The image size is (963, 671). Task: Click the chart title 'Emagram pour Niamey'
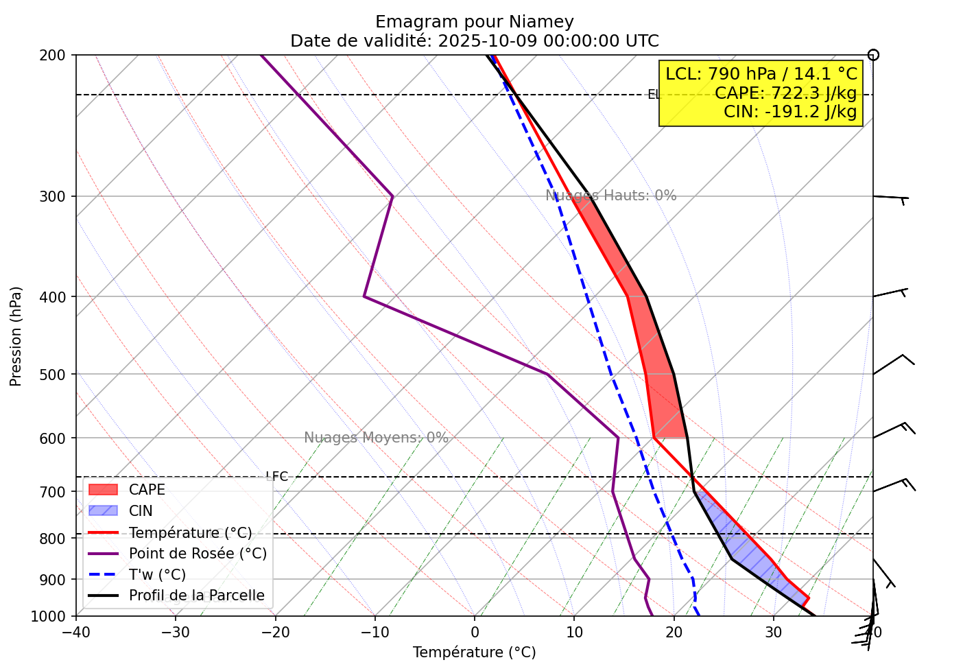pyautogui.click(x=474, y=22)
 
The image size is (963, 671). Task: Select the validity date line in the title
pyautogui.click(x=474, y=41)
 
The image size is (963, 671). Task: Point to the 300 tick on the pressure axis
pyautogui.click(x=56, y=197)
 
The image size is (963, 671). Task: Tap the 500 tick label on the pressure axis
pyautogui.click(x=56, y=375)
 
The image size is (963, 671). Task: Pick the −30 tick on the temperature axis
pyautogui.click(x=175, y=632)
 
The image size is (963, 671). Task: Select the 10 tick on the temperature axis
pyautogui.click(x=574, y=632)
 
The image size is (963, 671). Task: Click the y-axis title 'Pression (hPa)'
pyautogui.click(x=16, y=336)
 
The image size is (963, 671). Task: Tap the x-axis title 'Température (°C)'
pyautogui.click(x=474, y=652)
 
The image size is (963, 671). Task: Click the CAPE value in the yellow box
pyautogui.click(x=785, y=93)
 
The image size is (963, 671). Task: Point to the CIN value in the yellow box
pyautogui.click(x=790, y=111)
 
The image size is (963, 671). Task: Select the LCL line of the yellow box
pyautogui.click(x=761, y=74)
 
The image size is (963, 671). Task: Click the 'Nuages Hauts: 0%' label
pyautogui.click(x=610, y=196)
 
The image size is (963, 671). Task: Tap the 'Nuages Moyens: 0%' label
pyautogui.click(x=376, y=438)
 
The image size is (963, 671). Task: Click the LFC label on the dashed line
pyautogui.click(x=277, y=476)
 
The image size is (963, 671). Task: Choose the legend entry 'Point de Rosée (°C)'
pyautogui.click(x=198, y=554)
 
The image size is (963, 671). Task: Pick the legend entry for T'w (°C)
pyautogui.click(x=157, y=575)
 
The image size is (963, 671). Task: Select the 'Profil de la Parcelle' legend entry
pyautogui.click(x=196, y=596)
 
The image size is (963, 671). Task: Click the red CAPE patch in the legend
pyautogui.click(x=103, y=490)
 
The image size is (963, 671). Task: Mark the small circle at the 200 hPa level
pyautogui.click(x=873, y=55)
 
